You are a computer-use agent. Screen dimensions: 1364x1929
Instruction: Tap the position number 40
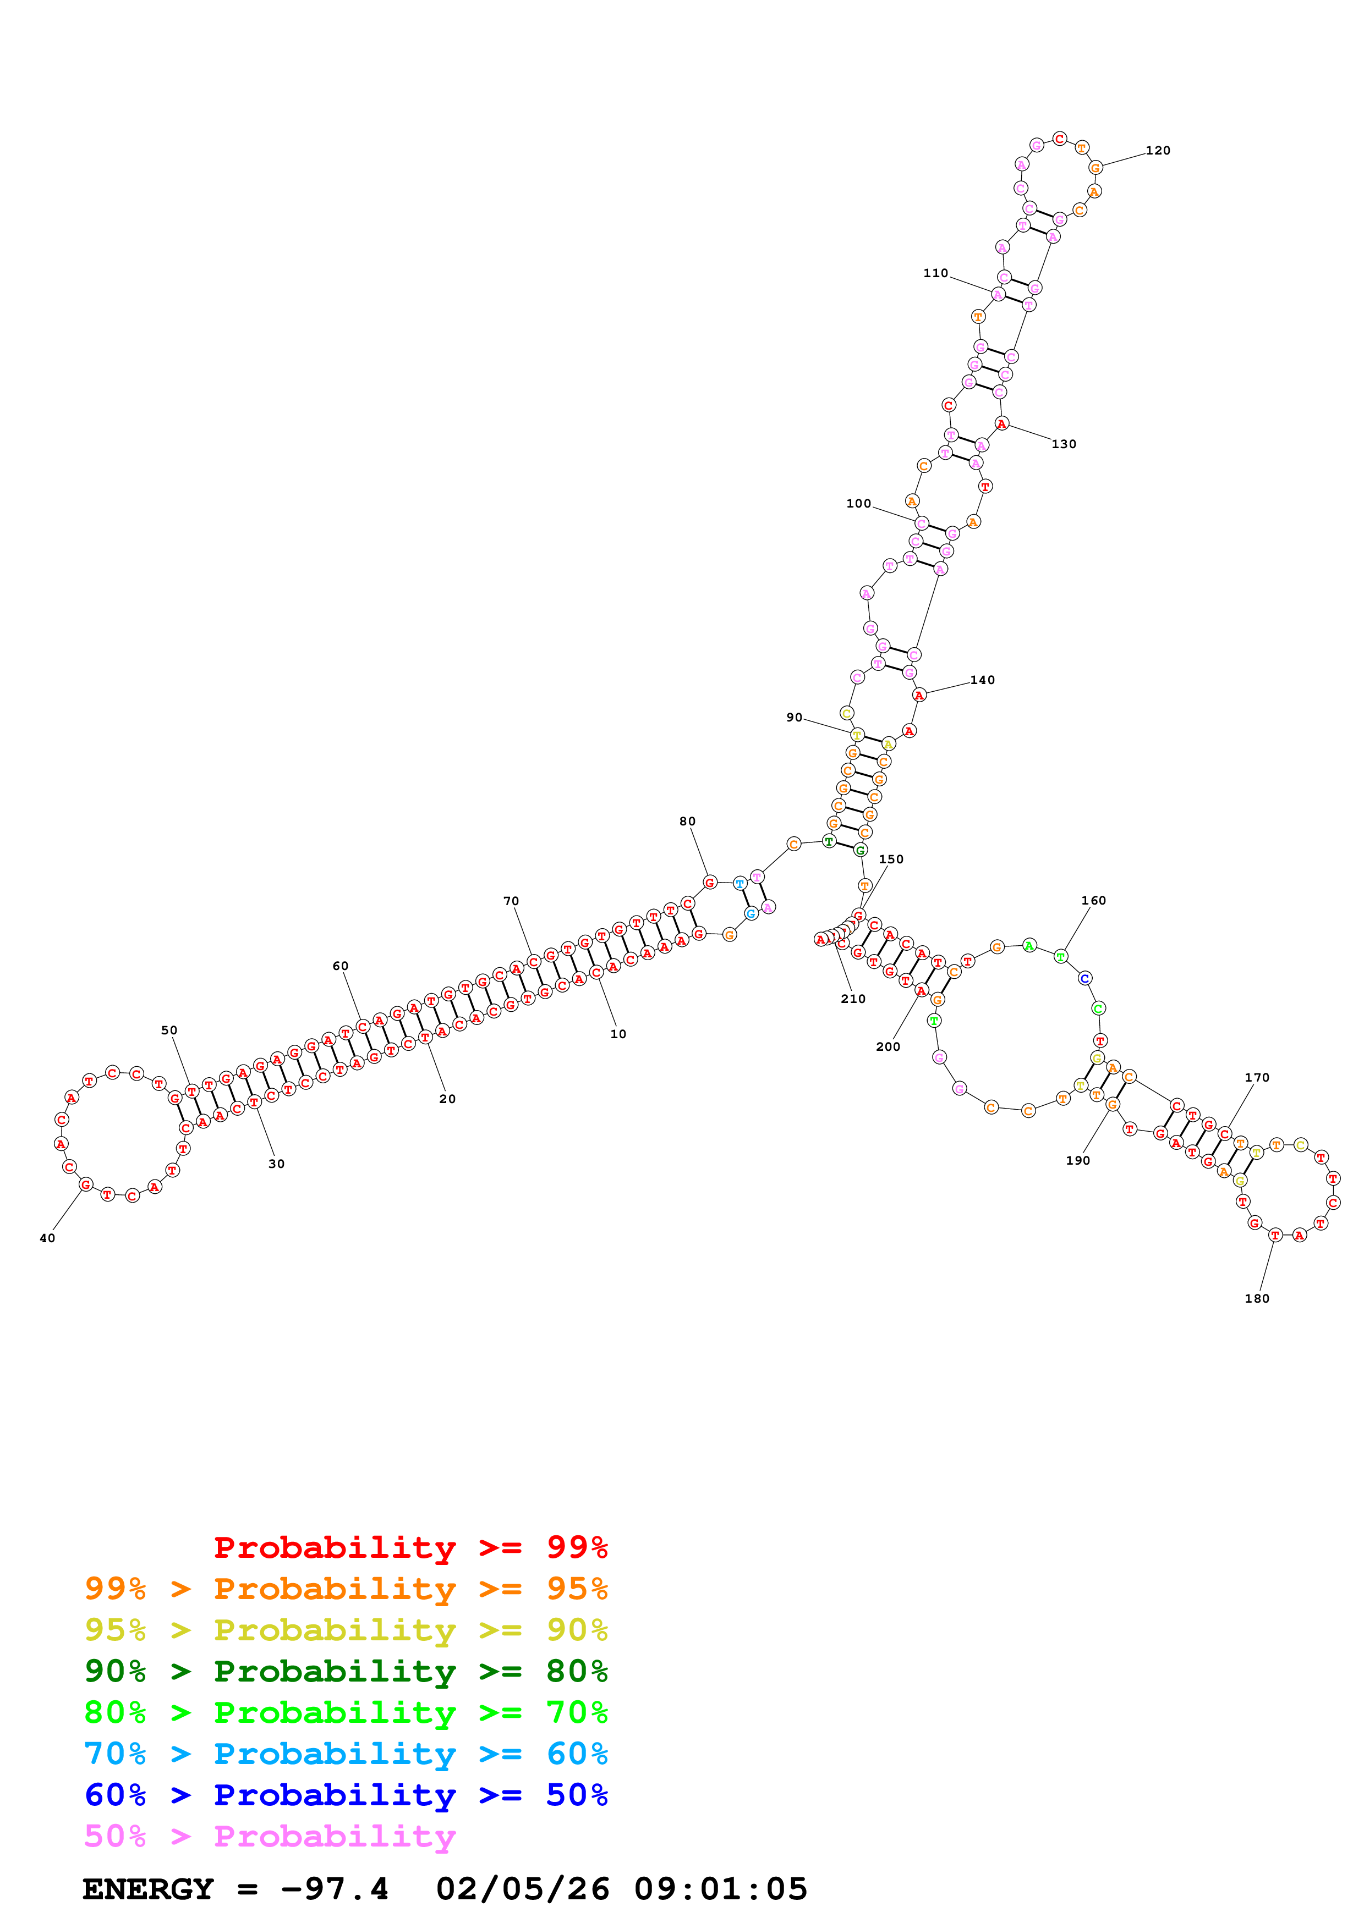(47, 1238)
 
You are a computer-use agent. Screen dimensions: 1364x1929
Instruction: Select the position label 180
(1256, 1298)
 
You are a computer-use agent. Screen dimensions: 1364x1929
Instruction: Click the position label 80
(687, 821)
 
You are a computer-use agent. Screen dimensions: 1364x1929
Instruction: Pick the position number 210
(852, 998)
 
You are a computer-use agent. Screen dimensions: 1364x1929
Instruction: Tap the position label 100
(858, 503)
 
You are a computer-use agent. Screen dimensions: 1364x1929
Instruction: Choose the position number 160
(1093, 900)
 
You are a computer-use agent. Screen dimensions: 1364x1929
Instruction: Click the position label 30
(277, 1164)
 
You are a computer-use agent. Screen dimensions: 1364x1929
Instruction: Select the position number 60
(341, 966)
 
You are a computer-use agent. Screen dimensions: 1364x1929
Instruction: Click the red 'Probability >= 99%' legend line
(410, 1547)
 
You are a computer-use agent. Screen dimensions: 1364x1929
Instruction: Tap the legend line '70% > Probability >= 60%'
(346, 1754)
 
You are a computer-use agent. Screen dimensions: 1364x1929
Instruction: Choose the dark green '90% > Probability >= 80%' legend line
(346, 1671)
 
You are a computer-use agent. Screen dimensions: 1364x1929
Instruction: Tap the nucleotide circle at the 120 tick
(1095, 168)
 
